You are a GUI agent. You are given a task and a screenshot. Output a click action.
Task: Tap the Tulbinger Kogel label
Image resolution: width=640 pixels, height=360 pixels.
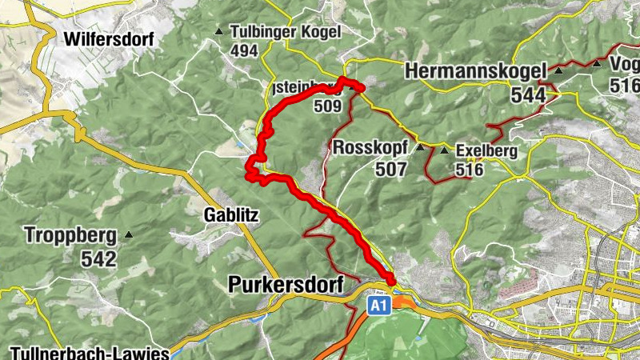click(285, 32)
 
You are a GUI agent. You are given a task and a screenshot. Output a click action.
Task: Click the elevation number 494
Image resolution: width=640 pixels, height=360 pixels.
click(244, 51)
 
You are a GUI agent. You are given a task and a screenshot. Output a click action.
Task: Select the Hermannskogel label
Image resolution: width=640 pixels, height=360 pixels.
click(475, 71)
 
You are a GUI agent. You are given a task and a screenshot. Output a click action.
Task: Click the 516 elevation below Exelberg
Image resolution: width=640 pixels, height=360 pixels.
click(468, 170)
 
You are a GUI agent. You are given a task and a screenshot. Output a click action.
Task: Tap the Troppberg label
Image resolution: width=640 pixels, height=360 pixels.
click(70, 235)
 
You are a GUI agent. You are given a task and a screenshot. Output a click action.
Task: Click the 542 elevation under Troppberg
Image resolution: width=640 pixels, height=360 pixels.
click(98, 258)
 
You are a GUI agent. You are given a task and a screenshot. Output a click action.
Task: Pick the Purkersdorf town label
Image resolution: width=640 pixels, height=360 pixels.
click(285, 284)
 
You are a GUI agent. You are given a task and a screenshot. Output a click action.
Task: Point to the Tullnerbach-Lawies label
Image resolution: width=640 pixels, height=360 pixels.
click(90, 353)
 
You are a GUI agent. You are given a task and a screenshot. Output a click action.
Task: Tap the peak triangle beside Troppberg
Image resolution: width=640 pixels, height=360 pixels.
click(127, 235)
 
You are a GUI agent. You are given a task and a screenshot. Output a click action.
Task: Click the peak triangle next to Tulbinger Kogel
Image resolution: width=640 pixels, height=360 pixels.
click(219, 32)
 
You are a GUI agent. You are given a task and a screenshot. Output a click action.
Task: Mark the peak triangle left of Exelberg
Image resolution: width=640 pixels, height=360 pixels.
click(444, 150)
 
